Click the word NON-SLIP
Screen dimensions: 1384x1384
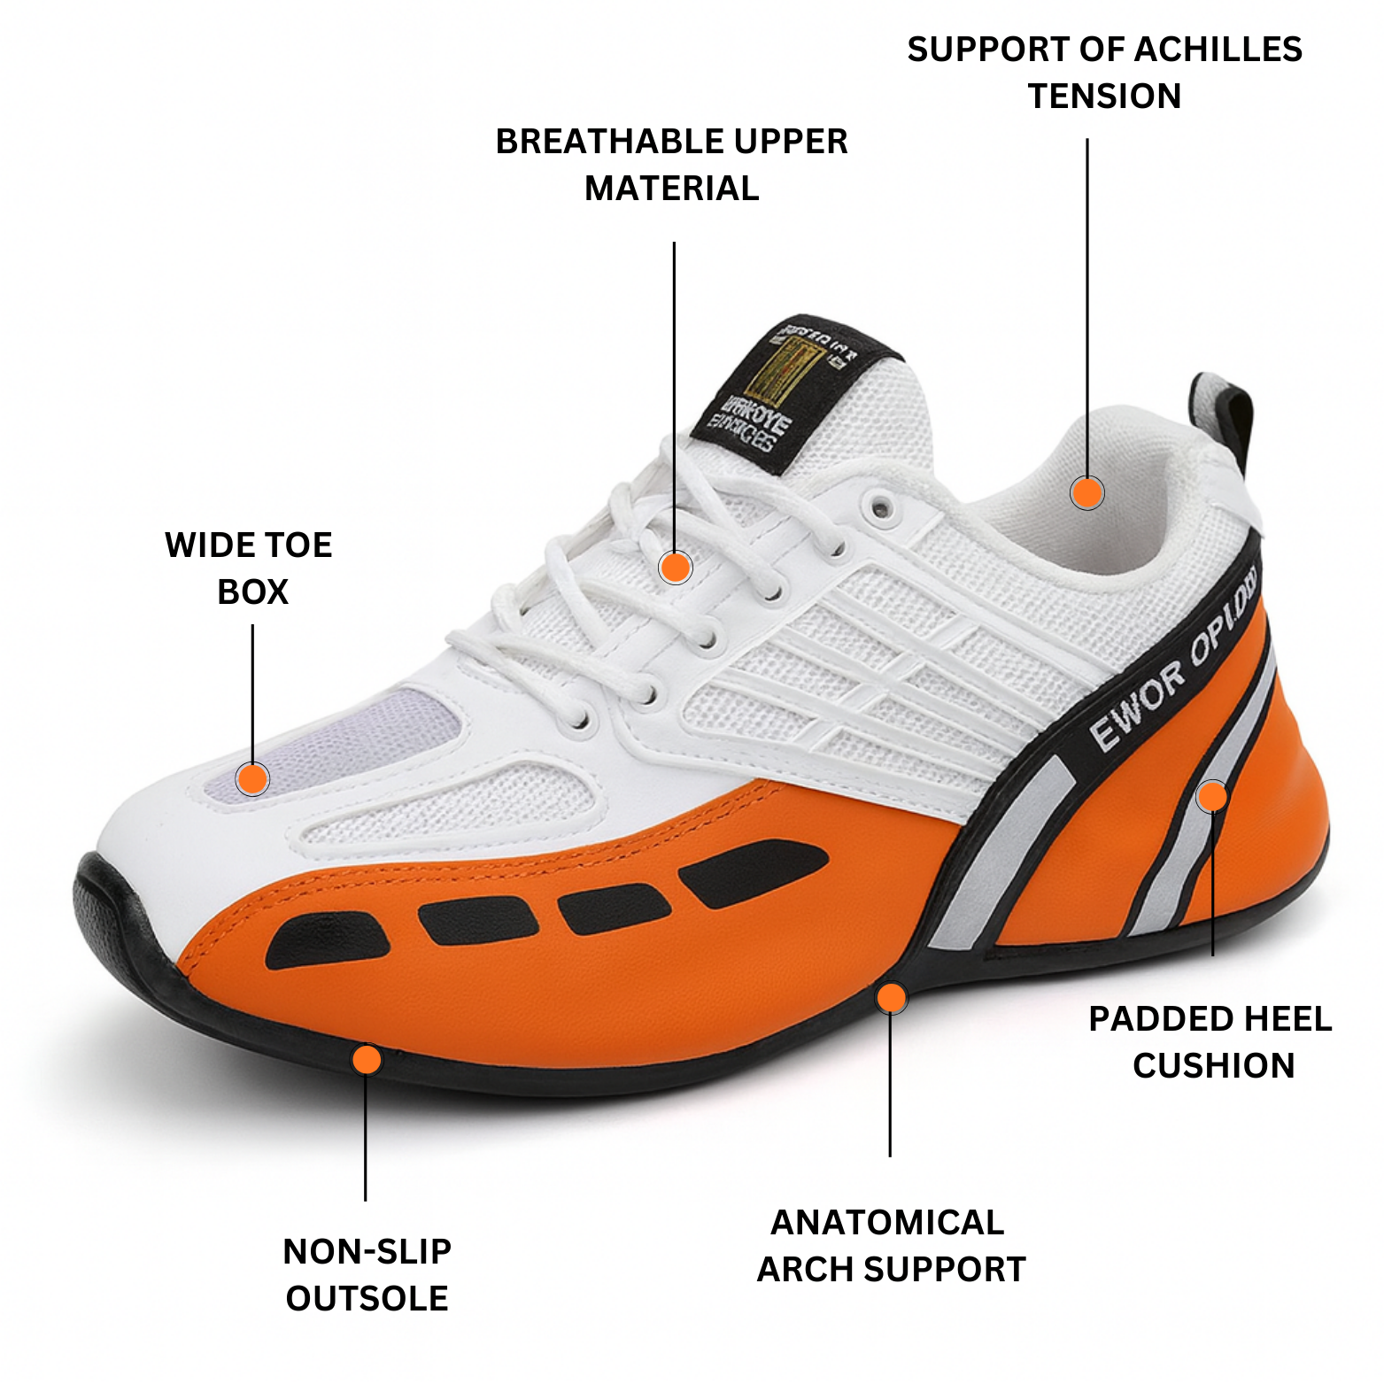[x=367, y=1251]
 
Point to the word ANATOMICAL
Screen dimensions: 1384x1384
[x=887, y=1222]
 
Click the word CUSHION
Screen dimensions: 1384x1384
[x=1213, y=1065]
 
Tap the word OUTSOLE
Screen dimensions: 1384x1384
[x=367, y=1298]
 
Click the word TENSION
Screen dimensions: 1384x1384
[x=1104, y=96]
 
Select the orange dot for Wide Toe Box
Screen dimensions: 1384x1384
[x=253, y=779]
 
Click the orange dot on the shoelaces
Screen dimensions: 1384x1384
[x=676, y=568]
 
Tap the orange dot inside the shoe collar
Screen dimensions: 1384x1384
[x=1086, y=492]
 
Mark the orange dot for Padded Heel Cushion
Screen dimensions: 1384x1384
[x=1212, y=796]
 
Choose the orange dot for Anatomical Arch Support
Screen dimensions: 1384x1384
[x=892, y=998]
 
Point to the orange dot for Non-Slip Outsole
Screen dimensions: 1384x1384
[x=367, y=1059]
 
